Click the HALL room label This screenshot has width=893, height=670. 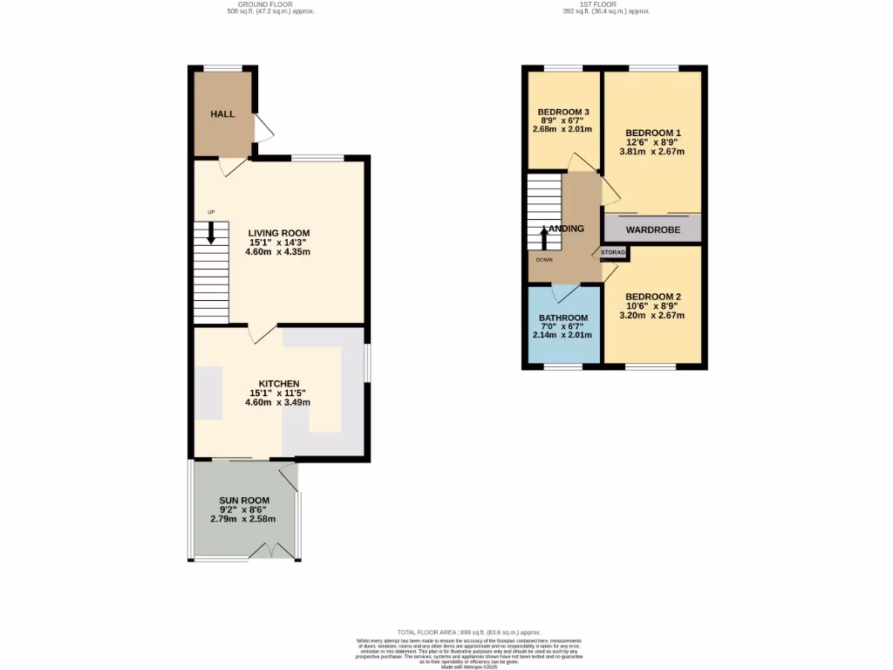[222, 114]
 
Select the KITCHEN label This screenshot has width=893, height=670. [279, 383]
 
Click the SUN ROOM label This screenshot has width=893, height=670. [238, 500]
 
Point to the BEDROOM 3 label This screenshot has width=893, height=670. [562, 112]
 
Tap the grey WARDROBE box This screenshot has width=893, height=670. [652, 229]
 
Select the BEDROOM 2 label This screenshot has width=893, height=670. [652, 297]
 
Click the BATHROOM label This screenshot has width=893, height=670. [562, 318]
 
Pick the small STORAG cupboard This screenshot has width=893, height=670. [614, 253]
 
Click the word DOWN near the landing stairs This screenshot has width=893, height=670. [544, 259]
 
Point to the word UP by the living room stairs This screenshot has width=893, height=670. [211, 212]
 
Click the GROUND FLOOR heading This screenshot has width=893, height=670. [270, 5]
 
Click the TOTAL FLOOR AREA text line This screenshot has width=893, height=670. [469, 632]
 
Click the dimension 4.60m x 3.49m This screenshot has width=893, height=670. [279, 402]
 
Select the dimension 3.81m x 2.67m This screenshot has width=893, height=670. [652, 151]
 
